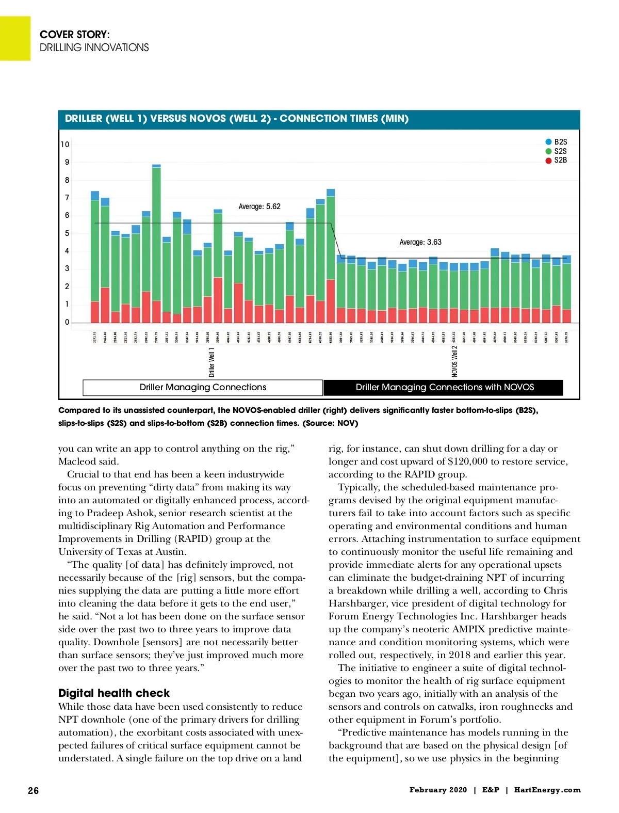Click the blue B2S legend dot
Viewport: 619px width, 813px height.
(x=549, y=142)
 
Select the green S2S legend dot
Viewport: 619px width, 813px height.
(x=549, y=151)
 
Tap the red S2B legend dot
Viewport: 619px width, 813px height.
(x=549, y=161)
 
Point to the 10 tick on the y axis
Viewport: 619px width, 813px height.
(x=65, y=145)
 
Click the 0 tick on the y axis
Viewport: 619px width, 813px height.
(x=67, y=322)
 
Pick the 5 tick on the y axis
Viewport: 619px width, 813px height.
(x=67, y=233)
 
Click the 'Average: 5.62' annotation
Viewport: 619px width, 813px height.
(x=259, y=206)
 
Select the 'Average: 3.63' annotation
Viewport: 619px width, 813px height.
(x=420, y=242)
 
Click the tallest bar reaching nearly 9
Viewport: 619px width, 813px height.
(x=156, y=243)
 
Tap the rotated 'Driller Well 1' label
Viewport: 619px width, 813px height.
(x=211, y=362)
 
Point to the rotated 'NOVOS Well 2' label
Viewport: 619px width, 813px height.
(x=454, y=361)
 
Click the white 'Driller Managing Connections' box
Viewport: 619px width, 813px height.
(x=203, y=387)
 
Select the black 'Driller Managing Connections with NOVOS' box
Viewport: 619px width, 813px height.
(x=444, y=387)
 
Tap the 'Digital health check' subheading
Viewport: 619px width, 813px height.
(x=114, y=693)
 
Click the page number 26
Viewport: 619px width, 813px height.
(x=33, y=790)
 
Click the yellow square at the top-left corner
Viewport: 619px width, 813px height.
(x=15, y=38)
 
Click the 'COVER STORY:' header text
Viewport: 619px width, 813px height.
(x=75, y=35)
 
